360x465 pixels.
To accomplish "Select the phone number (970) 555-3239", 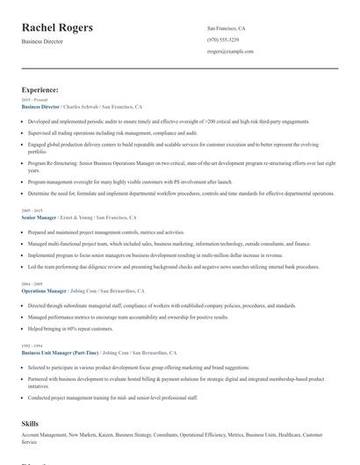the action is tap(222, 39).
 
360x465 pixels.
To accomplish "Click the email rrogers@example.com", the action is tap(230, 52).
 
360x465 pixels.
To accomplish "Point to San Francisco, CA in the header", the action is tap(226, 28).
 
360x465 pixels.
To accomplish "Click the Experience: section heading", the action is tap(40, 89).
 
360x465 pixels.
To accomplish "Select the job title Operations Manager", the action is tap(44, 290).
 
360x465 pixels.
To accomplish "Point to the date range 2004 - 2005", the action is tap(32, 283).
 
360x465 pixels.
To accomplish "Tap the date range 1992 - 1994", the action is tap(32, 345).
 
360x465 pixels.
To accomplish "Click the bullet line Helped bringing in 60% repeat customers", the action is tap(70, 328).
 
